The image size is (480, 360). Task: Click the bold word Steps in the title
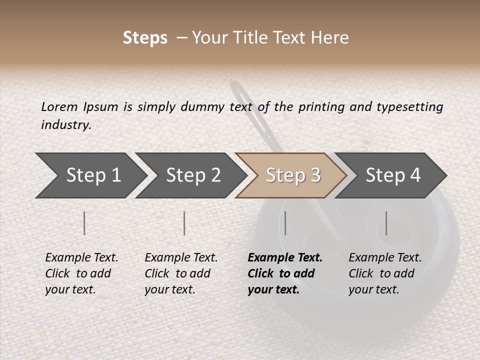click(145, 38)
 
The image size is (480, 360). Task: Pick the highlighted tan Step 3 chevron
click(292, 175)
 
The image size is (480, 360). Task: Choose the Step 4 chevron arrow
click(393, 175)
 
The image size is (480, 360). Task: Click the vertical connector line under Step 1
click(84, 223)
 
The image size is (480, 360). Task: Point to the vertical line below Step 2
click(184, 223)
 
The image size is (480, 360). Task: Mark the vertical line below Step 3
click(285, 223)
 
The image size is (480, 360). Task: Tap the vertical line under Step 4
click(386, 223)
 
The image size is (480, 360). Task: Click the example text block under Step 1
click(81, 273)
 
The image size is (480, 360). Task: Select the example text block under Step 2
click(181, 273)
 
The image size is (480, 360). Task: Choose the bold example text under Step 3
click(285, 273)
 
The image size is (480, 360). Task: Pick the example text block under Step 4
click(385, 273)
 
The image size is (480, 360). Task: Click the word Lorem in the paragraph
click(59, 106)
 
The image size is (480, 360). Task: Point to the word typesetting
click(410, 107)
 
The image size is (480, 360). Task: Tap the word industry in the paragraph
click(65, 125)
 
